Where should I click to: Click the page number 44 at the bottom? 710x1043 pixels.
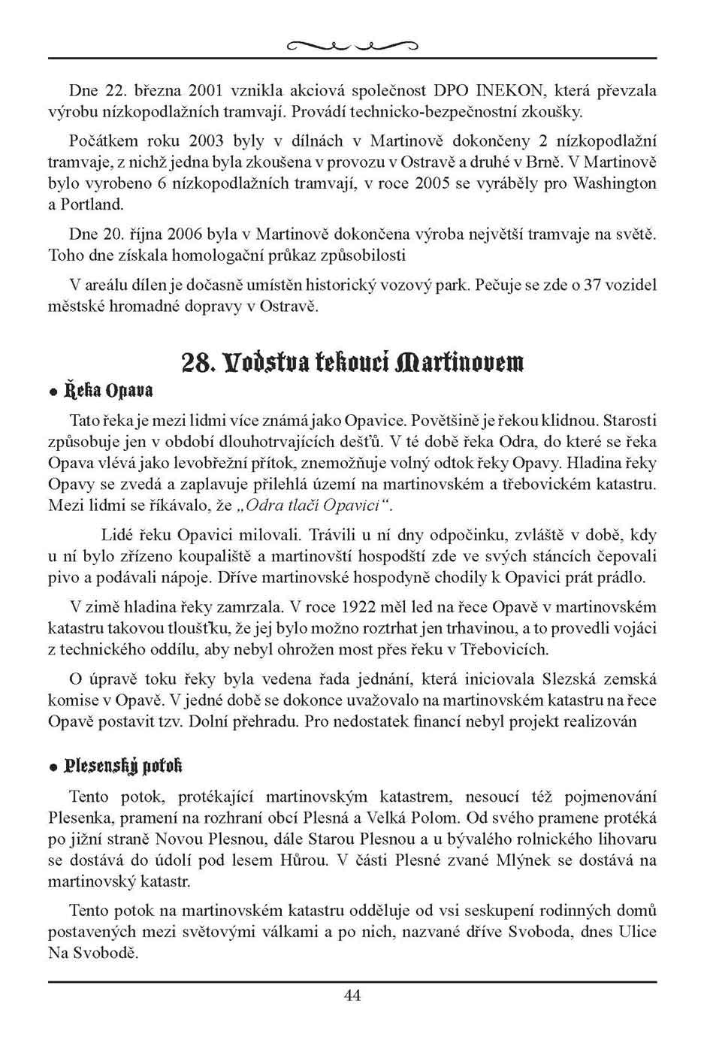tap(352, 996)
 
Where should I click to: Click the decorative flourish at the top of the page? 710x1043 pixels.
tap(352, 47)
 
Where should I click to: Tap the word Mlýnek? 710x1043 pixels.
tap(524, 859)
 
